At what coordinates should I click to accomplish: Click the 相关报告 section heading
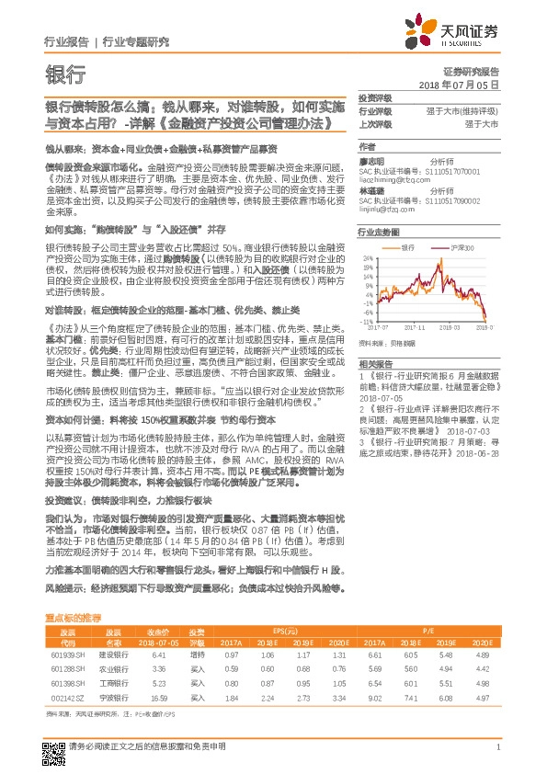(x=373, y=364)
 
